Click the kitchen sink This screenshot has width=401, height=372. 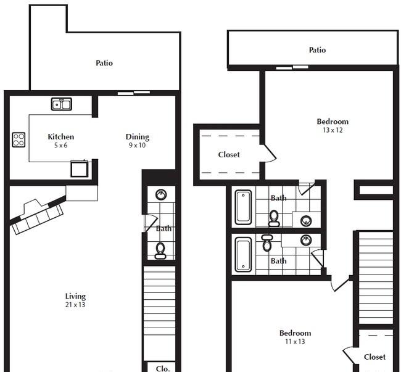point(62,104)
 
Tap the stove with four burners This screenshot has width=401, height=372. point(19,140)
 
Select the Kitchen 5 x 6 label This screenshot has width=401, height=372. point(61,141)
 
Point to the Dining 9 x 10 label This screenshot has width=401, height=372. point(137,141)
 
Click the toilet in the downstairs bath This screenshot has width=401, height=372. point(160,249)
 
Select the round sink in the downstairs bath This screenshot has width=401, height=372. point(161,195)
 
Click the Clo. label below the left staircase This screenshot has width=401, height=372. point(162,368)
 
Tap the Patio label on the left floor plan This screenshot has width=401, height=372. point(104,63)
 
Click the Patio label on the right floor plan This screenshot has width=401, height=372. point(317,50)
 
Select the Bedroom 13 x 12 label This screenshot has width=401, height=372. point(333,126)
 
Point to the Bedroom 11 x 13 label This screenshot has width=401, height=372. point(295,337)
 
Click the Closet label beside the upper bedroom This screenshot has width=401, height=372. point(229,154)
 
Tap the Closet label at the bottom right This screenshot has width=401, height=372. point(374,357)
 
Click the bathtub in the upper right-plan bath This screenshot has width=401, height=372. point(243,207)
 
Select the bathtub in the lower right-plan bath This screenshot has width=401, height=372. point(243,254)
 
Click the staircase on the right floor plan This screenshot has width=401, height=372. point(376,277)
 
